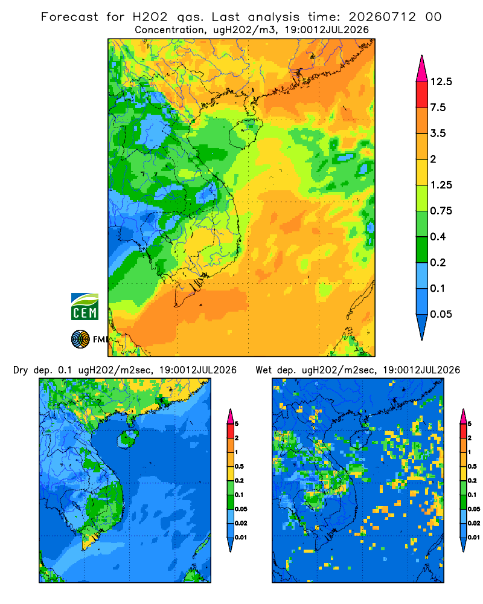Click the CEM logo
(x=85, y=307)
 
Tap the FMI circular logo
(x=80, y=339)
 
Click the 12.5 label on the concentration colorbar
(x=441, y=82)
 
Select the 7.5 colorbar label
(x=438, y=108)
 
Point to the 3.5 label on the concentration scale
(x=438, y=133)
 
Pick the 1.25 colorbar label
(x=441, y=185)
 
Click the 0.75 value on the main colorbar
(x=441, y=211)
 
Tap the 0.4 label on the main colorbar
(x=438, y=237)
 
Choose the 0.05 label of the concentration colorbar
(x=441, y=314)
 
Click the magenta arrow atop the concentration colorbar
(x=422, y=69)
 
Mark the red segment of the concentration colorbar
(x=422, y=95)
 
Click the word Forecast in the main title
(x=69, y=17)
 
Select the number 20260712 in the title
(x=382, y=17)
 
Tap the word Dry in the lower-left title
(x=21, y=370)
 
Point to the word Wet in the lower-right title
(x=264, y=370)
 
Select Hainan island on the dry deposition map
(x=127, y=440)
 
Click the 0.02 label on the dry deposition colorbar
(x=241, y=523)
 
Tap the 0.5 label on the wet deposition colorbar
(x=472, y=466)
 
